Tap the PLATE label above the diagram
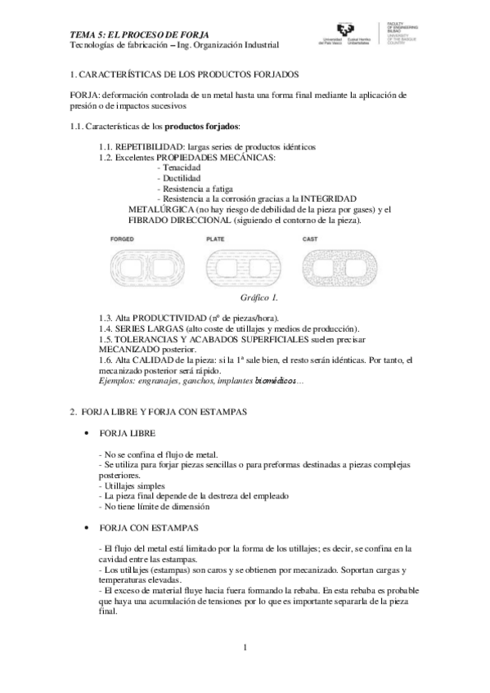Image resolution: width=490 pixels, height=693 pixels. (214, 239)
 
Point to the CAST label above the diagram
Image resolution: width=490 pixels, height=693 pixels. (310, 239)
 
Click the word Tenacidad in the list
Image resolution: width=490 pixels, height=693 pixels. (183, 167)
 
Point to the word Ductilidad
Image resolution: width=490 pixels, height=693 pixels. (183, 177)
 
